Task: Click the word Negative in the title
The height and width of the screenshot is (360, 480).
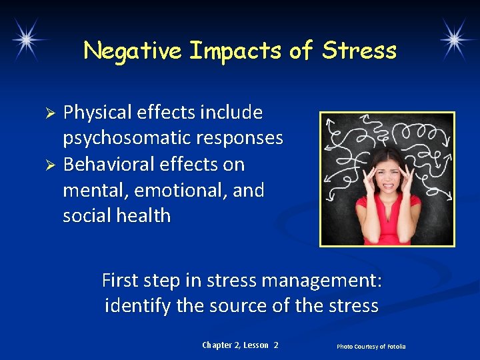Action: [133, 50]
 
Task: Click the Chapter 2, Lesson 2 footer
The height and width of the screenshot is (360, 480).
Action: [240, 345]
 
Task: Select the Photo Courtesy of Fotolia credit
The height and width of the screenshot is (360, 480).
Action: [371, 346]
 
